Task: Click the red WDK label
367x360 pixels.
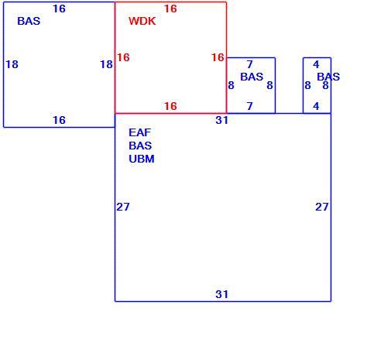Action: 142,21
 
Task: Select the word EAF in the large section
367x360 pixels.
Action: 139,132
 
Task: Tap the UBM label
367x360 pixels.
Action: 142,159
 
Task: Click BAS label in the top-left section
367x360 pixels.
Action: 29,21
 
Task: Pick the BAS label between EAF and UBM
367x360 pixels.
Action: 140,146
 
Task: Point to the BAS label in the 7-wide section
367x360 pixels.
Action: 252,77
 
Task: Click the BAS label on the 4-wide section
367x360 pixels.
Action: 328,77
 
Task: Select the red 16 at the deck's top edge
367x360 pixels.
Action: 170,9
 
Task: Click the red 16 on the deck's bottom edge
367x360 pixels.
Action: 170,106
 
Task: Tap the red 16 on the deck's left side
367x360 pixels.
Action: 123,57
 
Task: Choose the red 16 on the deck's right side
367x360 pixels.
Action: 218,57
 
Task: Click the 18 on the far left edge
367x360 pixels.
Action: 12,64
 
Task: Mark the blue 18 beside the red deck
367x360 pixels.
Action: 106,64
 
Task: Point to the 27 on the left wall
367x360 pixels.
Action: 123,207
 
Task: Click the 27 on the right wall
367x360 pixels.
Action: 322,207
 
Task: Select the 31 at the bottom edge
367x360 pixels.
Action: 222,294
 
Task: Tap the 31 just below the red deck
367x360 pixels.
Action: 222,120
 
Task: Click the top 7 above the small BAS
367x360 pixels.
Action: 249,64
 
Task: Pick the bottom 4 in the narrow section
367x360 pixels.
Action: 316,106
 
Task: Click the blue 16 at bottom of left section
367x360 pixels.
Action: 59,120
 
